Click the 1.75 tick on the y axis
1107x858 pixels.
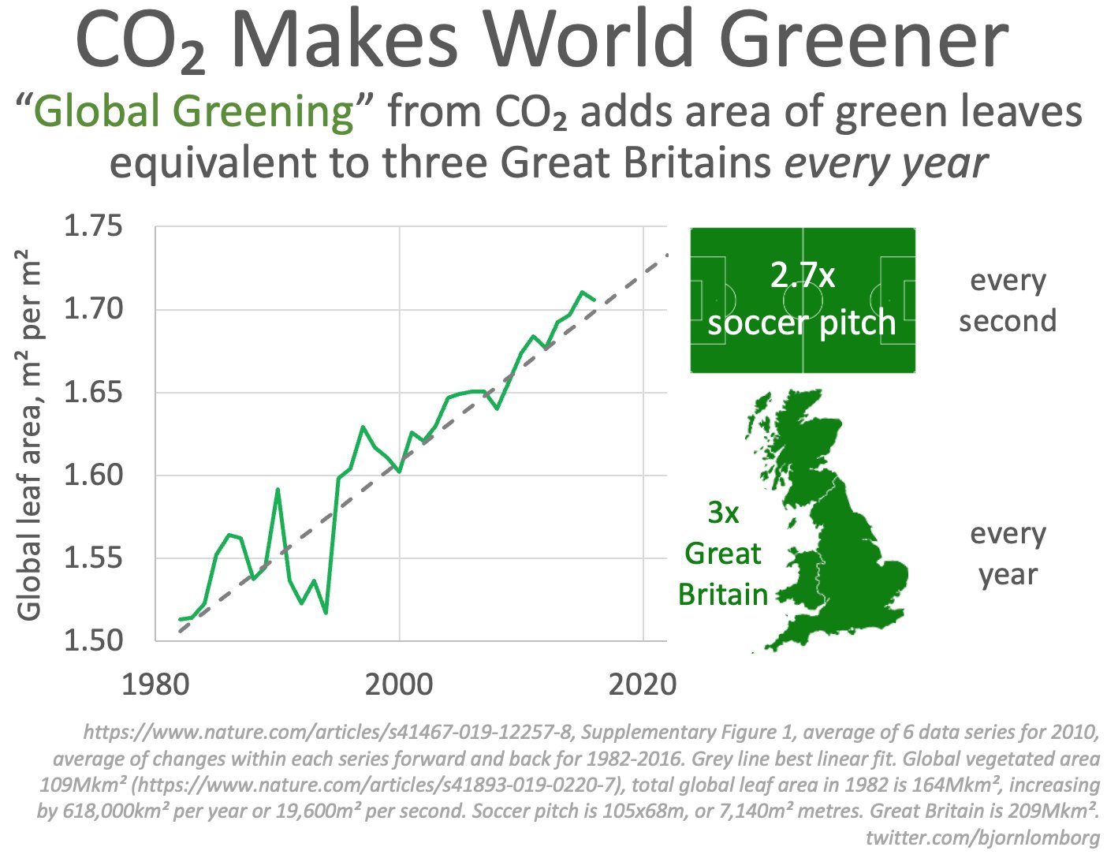point(93,226)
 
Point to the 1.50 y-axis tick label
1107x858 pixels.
point(93,640)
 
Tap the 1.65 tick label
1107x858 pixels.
point(93,392)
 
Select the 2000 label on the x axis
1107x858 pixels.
point(399,684)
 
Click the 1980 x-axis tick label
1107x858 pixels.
point(155,684)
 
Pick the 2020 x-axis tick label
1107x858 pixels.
point(643,684)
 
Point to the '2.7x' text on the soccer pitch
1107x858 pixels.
point(803,274)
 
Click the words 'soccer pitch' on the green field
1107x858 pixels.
point(802,322)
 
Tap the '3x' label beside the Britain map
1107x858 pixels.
point(723,513)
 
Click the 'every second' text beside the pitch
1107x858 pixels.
point(1008,300)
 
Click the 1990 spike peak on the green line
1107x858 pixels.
point(278,489)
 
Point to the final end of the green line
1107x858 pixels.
point(595,300)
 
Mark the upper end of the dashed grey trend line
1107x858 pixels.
point(668,255)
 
